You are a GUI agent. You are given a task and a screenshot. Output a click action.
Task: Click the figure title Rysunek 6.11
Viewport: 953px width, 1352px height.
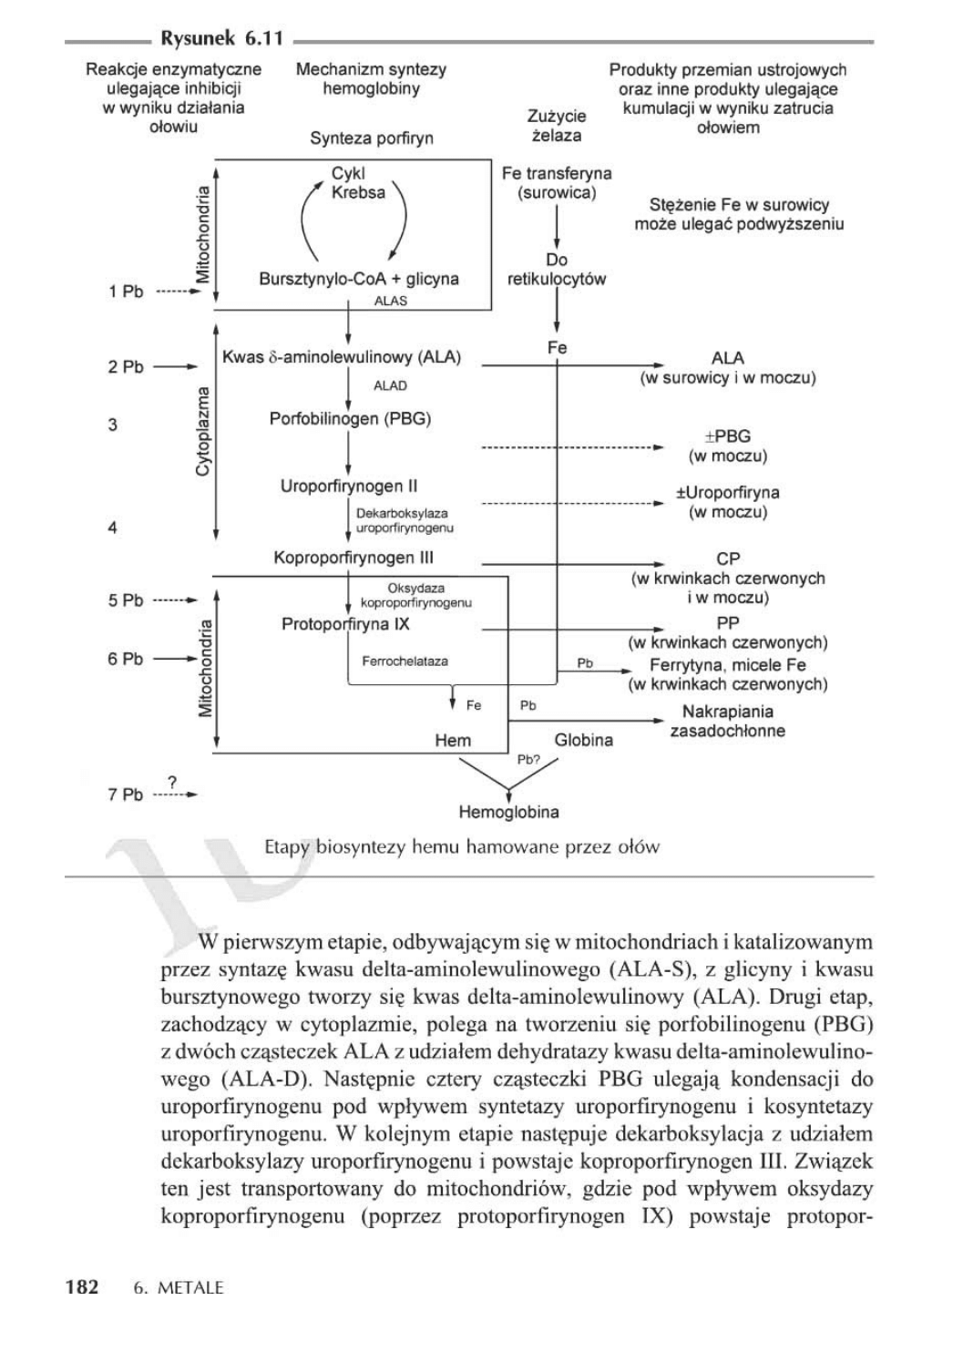pos(221,38)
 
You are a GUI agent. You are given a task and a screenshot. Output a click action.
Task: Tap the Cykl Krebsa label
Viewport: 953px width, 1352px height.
pos(358,183)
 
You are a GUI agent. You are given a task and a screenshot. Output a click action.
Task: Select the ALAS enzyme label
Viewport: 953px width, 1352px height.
pos(391,301)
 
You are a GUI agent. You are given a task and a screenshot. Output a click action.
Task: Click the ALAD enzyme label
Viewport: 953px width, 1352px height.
pos(391,385)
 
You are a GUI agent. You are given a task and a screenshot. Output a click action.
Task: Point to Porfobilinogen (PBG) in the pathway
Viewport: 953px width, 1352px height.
pos(350,418)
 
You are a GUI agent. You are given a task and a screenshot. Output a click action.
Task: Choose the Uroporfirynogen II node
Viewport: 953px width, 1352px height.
pos(348,487)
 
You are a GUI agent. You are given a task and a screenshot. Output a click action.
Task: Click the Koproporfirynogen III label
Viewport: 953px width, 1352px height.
pos(354,558)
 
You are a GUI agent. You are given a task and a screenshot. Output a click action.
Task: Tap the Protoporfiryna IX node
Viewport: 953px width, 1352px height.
pos(345,624)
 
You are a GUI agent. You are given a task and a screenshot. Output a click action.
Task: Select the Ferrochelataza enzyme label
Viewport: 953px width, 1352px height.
pos(405,661)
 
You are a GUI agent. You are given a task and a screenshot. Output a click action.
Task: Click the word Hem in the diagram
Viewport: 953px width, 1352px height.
pos(453,741)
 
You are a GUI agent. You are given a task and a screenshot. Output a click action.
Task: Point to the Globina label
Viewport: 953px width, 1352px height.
pos(583,740)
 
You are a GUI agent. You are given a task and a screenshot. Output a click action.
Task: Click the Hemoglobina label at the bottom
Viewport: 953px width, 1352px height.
pos(508,812)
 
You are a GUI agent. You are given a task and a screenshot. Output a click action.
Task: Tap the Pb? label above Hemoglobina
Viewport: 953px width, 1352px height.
pos(528,759)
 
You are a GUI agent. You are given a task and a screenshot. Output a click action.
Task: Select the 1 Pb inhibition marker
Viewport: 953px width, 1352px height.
pos(126,292)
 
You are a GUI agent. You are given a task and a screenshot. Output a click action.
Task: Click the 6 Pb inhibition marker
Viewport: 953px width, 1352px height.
pos(126,659)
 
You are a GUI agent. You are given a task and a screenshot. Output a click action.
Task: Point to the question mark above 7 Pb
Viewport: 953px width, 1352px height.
pos(171,781)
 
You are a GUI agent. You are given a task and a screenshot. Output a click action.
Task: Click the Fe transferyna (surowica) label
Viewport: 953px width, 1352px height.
pos(557,182)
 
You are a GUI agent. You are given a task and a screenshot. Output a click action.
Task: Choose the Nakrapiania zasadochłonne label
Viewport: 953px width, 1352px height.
pos(727,721)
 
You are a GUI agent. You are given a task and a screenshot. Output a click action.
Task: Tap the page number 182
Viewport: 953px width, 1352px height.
pos(82,1287)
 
